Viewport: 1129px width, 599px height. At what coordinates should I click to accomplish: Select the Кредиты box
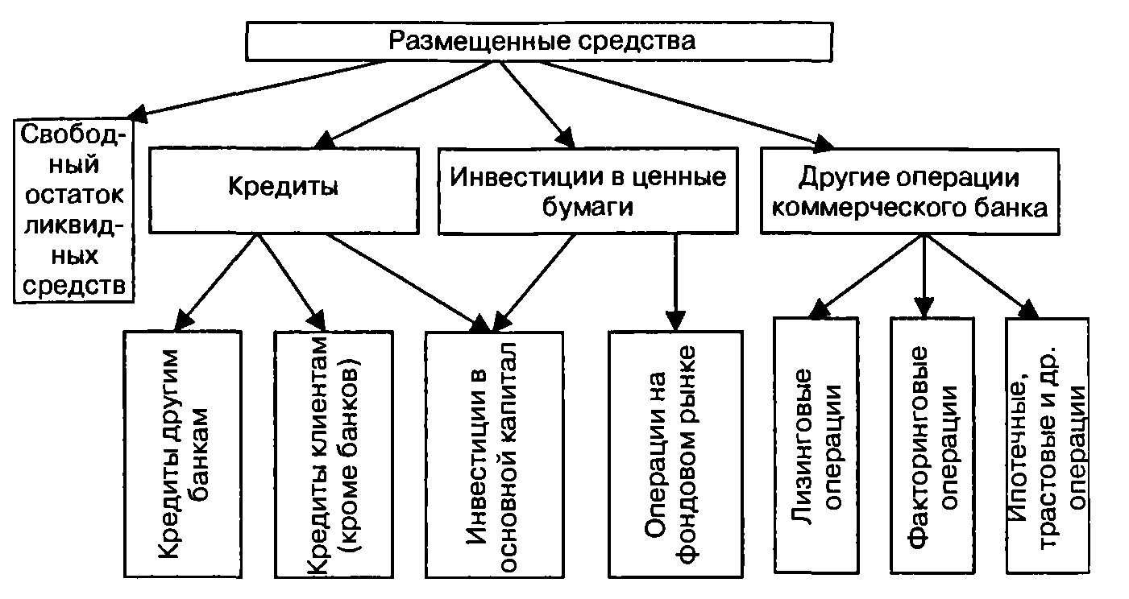[282, 188]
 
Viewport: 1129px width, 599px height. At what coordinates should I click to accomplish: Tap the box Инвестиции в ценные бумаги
[587, 191]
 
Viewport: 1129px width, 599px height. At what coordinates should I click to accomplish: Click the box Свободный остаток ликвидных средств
[73, 209]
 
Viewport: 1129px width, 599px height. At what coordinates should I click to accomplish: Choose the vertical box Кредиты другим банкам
[184, 452]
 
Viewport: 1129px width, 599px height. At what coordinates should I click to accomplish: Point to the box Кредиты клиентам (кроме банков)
[334, 452]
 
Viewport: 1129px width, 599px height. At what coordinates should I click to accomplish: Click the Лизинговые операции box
[824, 444]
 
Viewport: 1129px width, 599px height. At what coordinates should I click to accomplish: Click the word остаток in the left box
[73, 195]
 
